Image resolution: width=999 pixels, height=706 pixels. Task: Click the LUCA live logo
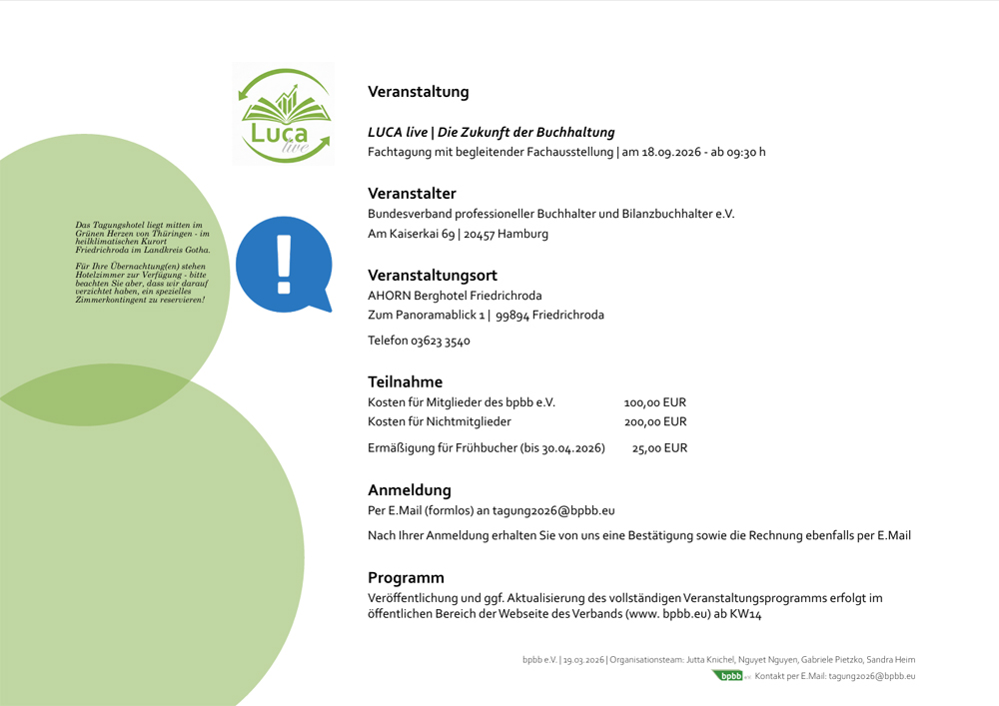283,114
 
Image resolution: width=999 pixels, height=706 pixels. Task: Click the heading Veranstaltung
418,92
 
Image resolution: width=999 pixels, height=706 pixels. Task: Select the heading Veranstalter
412,193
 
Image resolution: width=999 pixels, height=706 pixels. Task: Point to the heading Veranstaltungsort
432,275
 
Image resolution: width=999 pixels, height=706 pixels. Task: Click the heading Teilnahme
405,381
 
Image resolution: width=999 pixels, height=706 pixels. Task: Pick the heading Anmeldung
410,490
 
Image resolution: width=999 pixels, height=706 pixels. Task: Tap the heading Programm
406,577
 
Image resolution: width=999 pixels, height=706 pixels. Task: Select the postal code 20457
478,234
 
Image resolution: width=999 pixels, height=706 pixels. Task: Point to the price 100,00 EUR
654,402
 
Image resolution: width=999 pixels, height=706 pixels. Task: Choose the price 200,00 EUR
654,421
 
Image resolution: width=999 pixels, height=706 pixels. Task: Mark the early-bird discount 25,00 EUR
659,448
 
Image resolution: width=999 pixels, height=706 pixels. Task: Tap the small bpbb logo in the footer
732,676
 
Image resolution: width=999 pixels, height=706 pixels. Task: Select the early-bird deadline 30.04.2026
571,448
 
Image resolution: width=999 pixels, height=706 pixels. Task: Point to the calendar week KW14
745,615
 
